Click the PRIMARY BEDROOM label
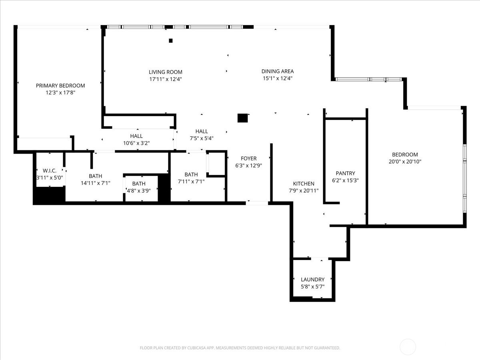[x=60, y=86]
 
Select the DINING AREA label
[x=278, y=72]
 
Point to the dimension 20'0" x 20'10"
[x=405, y=162]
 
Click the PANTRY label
[x=345, y=173]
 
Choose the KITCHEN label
[x=304, y=184]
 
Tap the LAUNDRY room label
[x=312, y=280]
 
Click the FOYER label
[x=248, y=158]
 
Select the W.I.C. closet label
[x=50, y=171]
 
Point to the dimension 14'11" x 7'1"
[x=96, y=183]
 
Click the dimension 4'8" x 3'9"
[x=138, y=190]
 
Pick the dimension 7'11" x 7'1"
[x=191, y=181]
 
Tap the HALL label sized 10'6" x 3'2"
[x=136, y=136]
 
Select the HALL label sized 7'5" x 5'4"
[x=202, y=131]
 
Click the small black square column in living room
[x=171, y=40]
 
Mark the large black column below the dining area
[x=242, y=118]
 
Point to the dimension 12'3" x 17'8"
[x=60, y=92]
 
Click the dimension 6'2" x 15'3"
[x=345, y=180]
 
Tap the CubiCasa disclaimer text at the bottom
[x=240, y=348]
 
